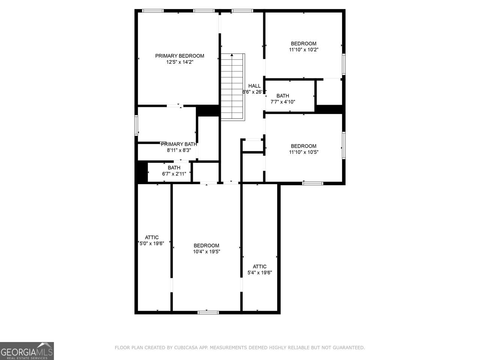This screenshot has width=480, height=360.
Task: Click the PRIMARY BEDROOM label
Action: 180,56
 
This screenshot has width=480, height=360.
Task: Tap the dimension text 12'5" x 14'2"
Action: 180,62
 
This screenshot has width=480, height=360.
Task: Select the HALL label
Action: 254,86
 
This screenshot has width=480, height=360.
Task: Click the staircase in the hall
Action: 232,87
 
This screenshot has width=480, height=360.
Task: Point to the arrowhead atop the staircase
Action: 232,55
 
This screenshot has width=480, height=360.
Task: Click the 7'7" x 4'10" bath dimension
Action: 283,102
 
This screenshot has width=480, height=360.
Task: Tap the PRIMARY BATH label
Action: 179,144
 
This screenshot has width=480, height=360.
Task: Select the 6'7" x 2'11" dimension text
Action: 174,174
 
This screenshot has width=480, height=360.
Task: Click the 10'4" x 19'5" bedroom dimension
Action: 206,252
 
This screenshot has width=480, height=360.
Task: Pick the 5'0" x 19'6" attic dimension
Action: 152,243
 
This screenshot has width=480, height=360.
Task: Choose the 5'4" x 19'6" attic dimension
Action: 259,273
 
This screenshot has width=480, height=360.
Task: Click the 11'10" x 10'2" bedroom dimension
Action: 303,49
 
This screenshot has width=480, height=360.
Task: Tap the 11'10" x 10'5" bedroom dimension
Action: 303,152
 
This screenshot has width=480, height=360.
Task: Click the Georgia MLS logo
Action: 27,351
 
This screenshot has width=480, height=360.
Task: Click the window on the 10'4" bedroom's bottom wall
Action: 208,313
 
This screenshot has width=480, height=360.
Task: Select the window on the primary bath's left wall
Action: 136,126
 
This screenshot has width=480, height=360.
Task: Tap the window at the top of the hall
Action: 242,11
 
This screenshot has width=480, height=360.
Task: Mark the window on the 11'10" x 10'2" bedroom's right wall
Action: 344,64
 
